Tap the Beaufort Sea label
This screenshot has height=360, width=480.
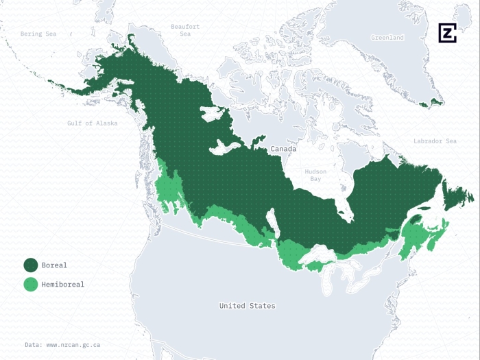pos(185,30)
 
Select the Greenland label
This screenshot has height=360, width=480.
pos(387,37)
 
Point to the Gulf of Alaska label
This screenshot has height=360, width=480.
pos(92,123)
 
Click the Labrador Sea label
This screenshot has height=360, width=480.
pos(435,141)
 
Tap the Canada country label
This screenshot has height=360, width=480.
pos(283,149)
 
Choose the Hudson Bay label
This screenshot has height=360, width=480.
pos(316,175)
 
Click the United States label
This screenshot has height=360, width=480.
pos(247,305)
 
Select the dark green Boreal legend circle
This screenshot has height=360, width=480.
pos(31,265)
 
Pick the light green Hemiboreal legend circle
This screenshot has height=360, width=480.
pos(31,284)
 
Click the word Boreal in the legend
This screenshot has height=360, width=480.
pos(54,265)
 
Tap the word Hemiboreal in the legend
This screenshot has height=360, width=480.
pos(62,284)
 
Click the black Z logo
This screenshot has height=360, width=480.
pos(447,33)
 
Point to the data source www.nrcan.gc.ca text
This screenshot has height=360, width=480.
pos(62,344)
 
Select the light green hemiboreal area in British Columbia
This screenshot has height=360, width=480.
pos(169,189)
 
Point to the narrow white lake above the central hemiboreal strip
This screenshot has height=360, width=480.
pos(272,223)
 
